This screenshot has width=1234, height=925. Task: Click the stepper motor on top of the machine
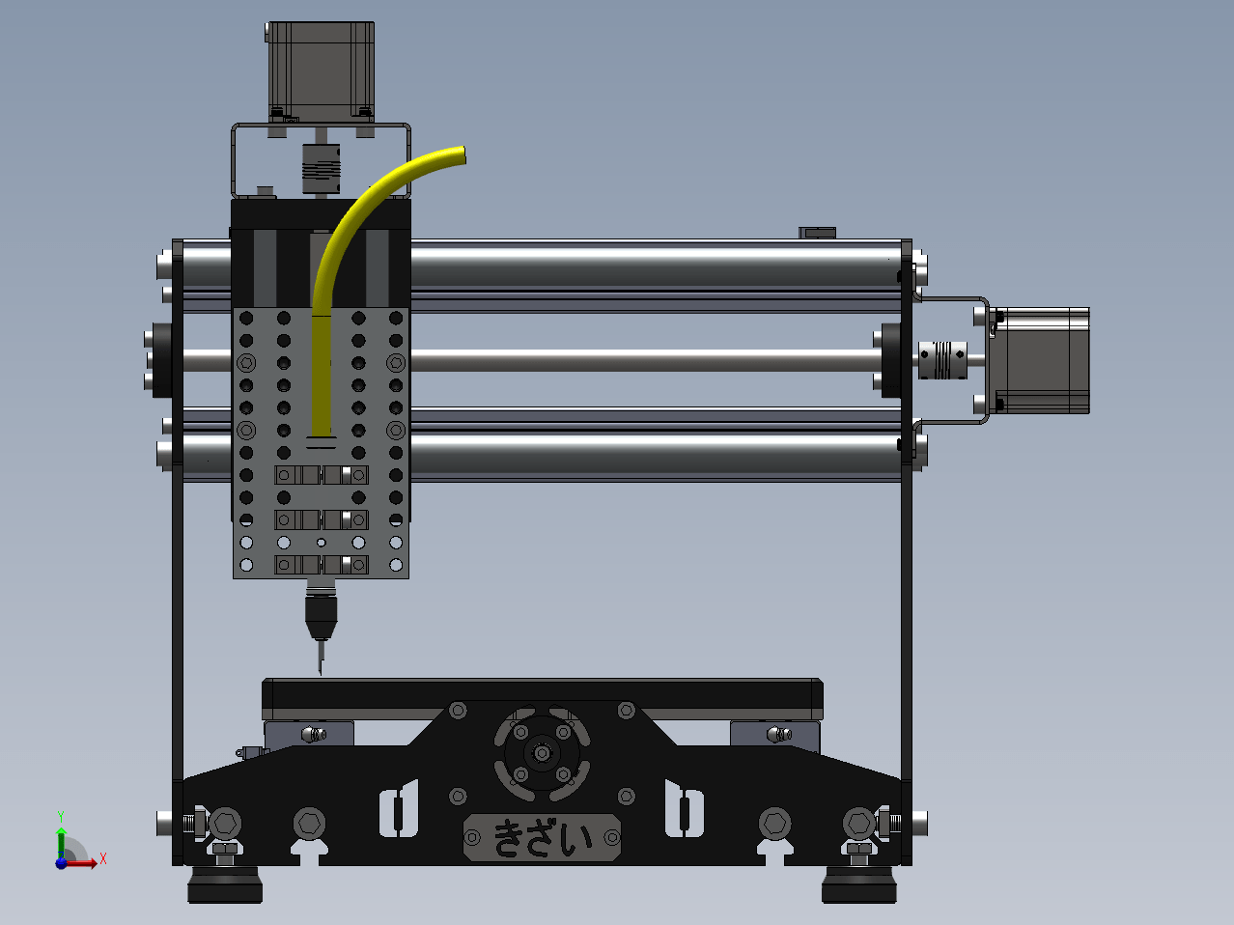tap(320, 71)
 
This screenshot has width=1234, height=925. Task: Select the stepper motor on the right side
tap(1040, 360)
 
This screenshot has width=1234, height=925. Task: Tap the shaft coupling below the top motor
tap(321, 169)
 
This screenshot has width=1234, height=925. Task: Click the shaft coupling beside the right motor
tap(942, 359)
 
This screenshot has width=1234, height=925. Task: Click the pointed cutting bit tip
tap(321, 673)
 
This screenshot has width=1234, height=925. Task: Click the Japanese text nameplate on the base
tap(542, 837)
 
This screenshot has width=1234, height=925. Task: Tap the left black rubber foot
tap(225, 885)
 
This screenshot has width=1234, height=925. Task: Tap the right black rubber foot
tap(859, 885)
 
